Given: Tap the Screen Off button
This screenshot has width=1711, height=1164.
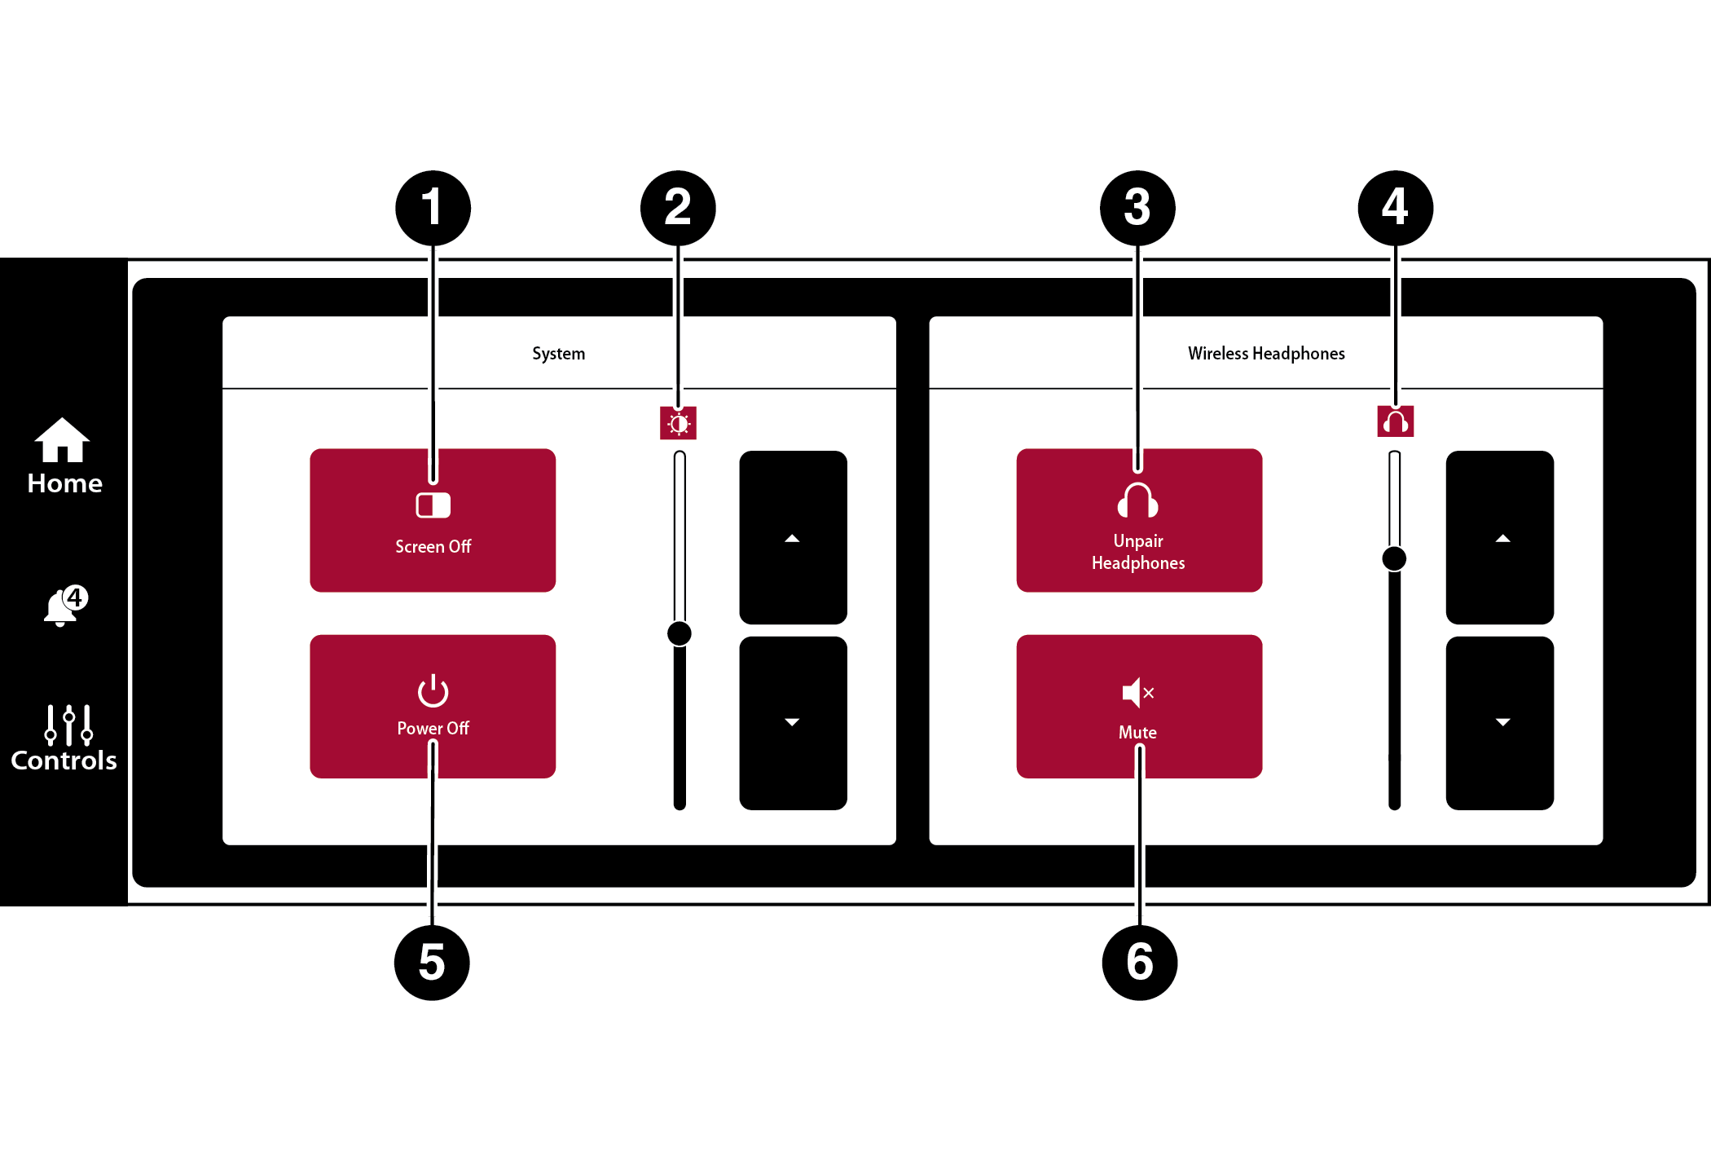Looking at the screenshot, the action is (x=433, y=520).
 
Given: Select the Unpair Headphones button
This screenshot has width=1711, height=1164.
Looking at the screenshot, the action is (x=1139, y=520).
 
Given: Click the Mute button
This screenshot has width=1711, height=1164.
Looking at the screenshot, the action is (x=1139, y=706).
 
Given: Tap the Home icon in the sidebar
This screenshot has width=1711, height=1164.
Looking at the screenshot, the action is (x=64, y=456).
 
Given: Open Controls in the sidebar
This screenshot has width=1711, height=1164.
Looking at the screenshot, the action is (x=64, y=738).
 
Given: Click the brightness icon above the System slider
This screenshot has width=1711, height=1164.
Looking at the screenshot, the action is (x=679, y=423).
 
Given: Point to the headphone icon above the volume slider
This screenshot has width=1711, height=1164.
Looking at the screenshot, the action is (x=1395, y=421).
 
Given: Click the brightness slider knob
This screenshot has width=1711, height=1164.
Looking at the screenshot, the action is (x=680, y=633).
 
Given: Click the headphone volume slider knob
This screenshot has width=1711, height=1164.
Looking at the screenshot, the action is (x=1394, y=558).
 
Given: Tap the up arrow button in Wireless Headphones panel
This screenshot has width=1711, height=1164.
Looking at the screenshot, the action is (x=1499, y=537).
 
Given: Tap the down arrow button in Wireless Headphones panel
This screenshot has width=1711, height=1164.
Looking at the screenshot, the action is (x=1499, y=723).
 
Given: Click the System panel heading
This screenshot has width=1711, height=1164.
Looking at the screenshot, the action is (x=559, y=354).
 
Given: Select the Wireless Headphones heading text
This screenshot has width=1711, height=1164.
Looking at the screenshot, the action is (x=1266, y=354).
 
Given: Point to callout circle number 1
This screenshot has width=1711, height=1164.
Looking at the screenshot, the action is (x=433, y=208).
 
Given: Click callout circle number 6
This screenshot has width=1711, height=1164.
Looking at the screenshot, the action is (x=1139, y=962).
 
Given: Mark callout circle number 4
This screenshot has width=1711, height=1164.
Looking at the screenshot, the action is (x=1395, y=208).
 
